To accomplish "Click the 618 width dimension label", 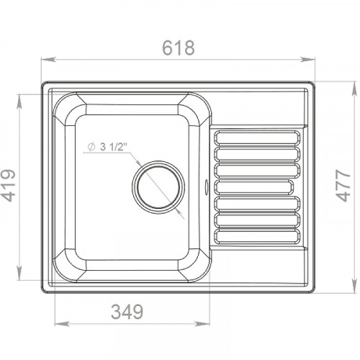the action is click(179, 48).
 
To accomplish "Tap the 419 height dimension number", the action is click(9, 185).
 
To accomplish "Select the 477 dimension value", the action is click(343, 185).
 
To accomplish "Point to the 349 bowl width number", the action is click(127, 312).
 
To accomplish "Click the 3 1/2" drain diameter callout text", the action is click(113, 147).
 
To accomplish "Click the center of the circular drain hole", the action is click(158, 187).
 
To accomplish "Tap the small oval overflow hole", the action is click(206, 186).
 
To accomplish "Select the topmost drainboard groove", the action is click(257, 138).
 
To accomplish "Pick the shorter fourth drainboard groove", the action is click(253, 187).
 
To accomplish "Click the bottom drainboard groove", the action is click(257, 236).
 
